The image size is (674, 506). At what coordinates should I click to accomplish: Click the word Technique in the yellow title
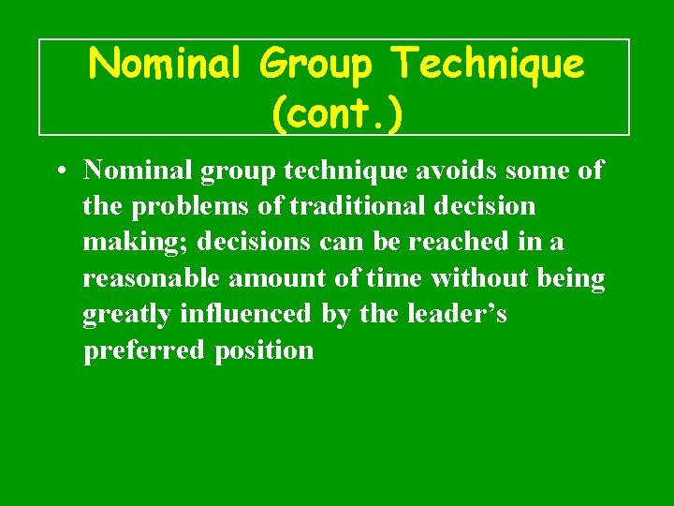489,66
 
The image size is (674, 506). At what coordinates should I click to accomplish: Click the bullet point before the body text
59,171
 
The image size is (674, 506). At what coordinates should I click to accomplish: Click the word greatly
126,314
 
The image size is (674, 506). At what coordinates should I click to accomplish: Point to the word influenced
243,313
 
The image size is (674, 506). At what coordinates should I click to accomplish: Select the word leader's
457,313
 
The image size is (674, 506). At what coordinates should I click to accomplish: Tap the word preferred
143,350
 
